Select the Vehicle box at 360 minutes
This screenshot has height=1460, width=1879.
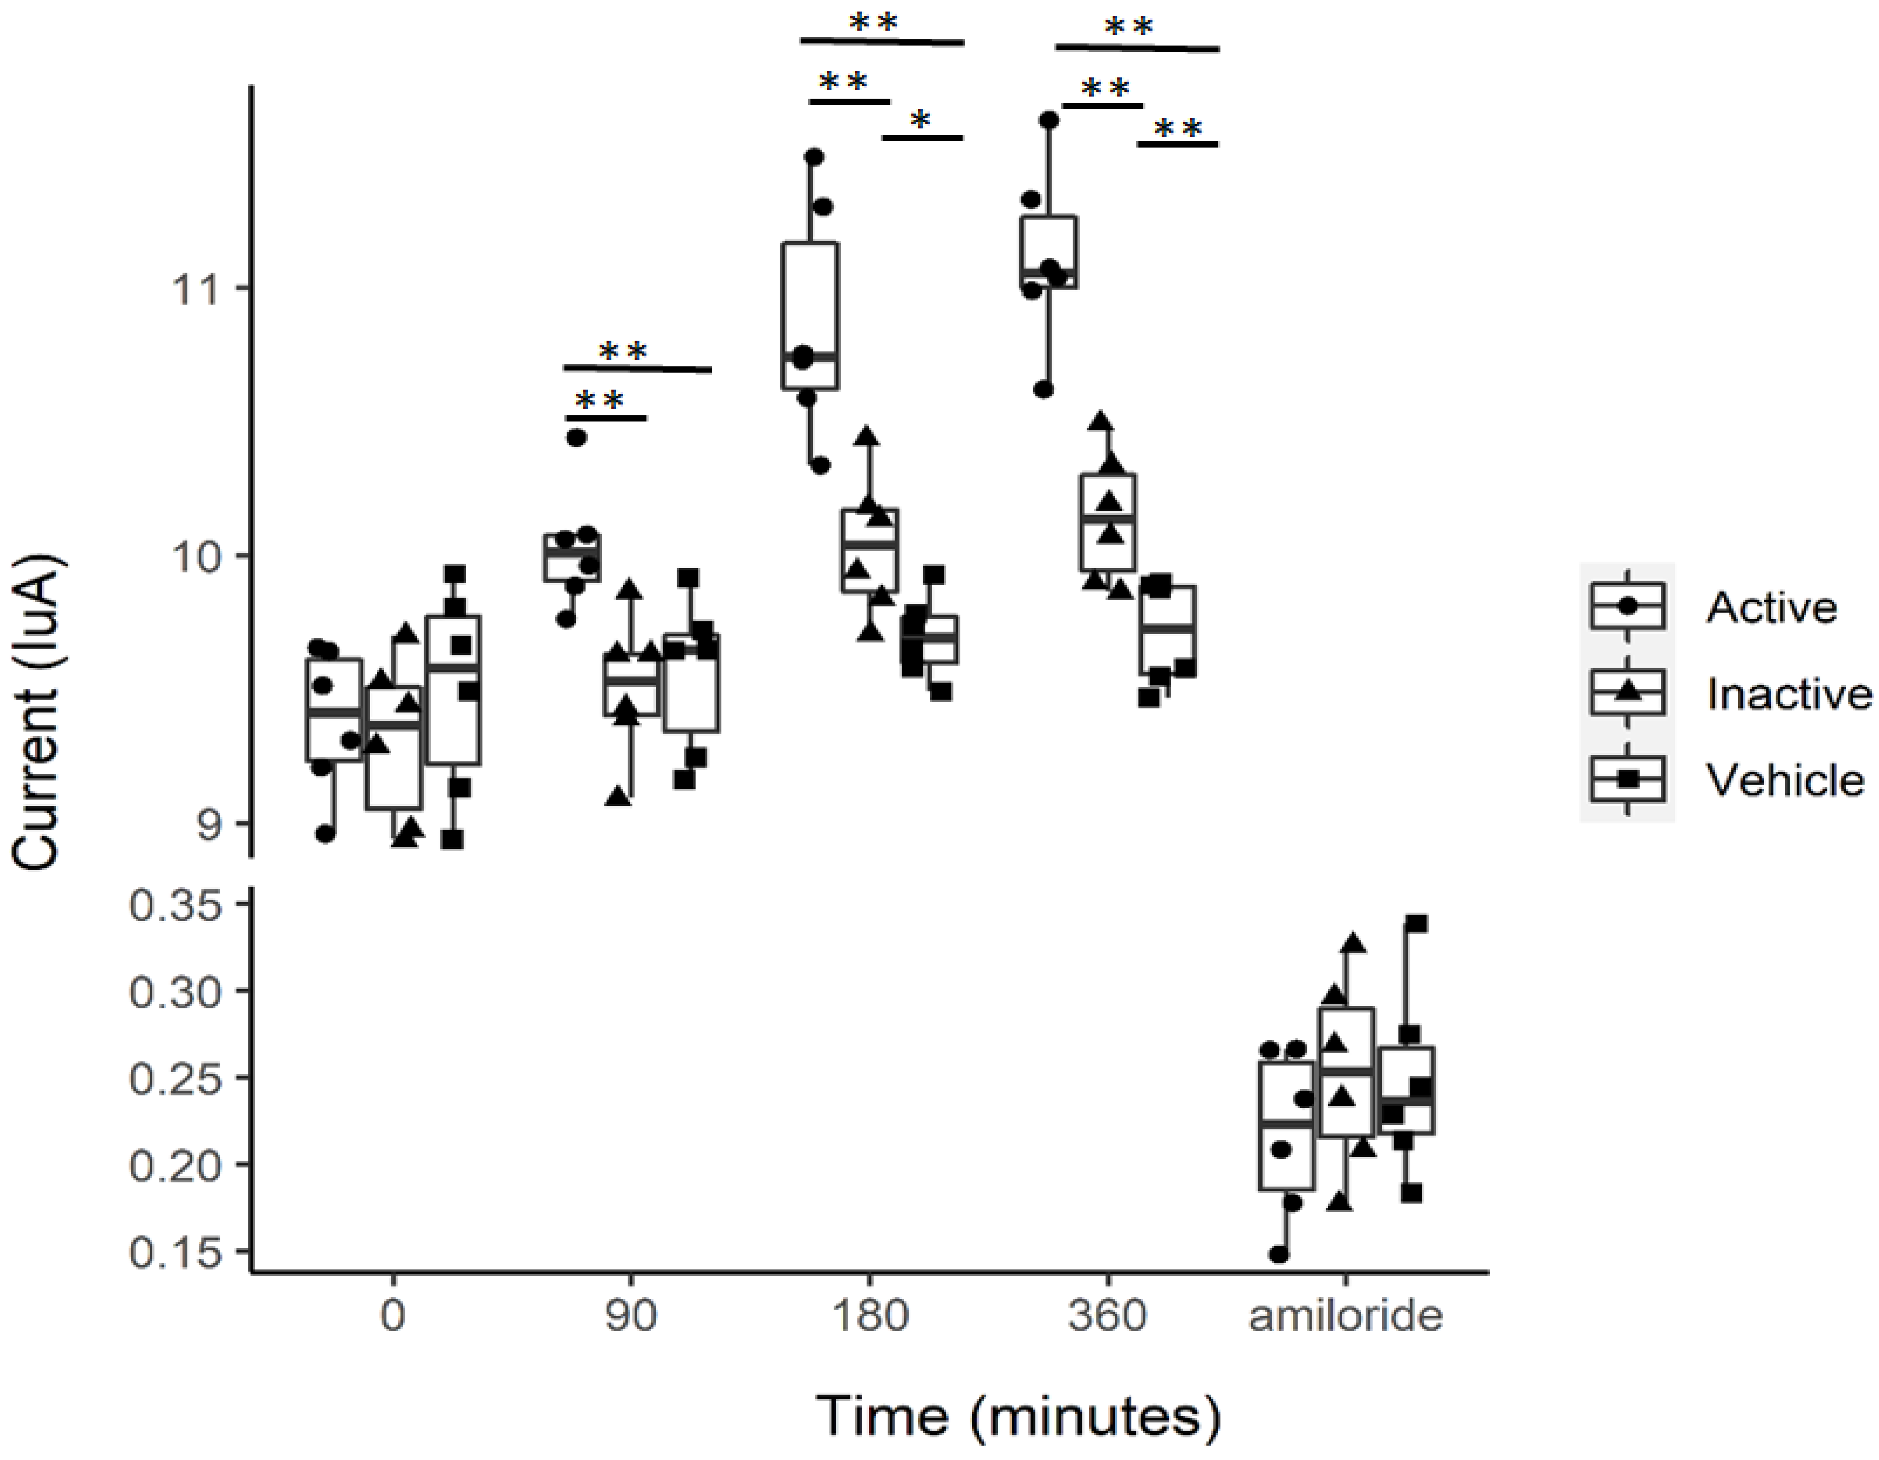pyautogui.click(x=1167, y=631)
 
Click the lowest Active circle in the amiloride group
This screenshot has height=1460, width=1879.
pyautogui.click(x=1279, y=1255)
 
